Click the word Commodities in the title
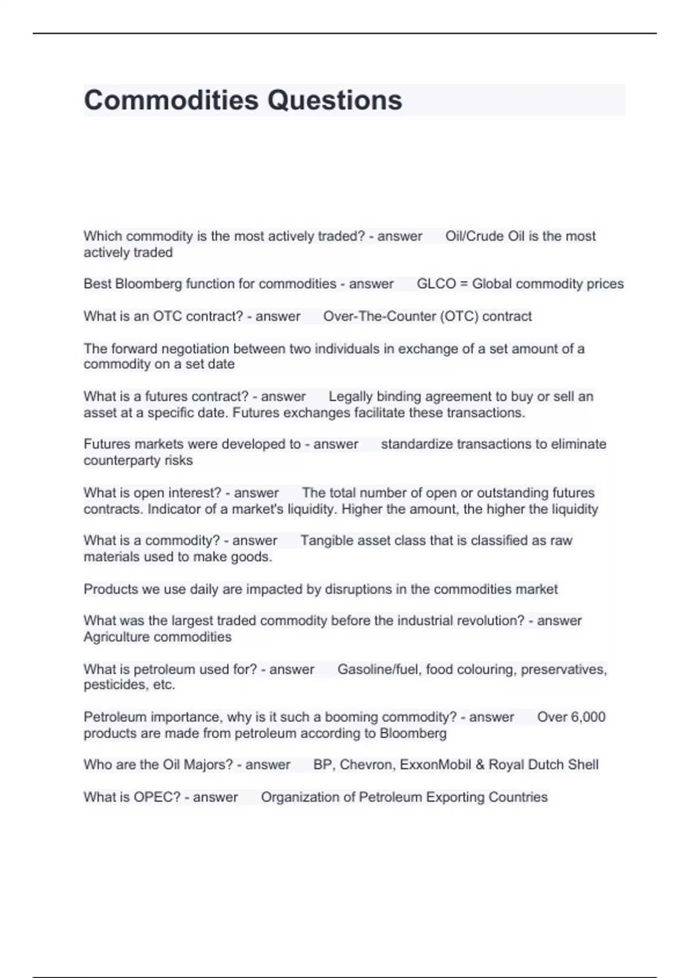171,100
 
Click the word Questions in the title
335,100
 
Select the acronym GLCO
436,284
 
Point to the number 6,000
588,717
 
